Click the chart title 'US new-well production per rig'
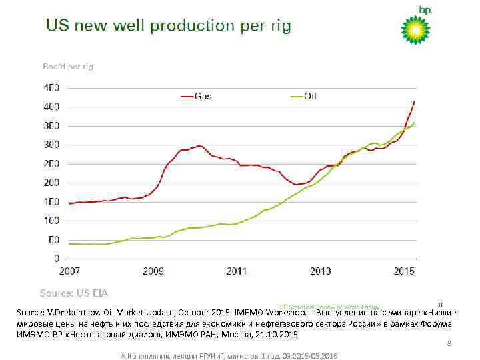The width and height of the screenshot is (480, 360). tap(168, 27)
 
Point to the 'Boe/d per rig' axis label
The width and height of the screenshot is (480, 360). tap(67, 67)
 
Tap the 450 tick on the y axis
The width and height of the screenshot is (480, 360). tap(51, 87)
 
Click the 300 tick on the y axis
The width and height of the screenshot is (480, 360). tap(51, 145)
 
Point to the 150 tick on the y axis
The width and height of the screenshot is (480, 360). tap(51, 201)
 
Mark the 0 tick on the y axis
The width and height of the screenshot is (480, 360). tap(57, 258)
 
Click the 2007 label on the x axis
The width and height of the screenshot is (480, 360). tap(69, 271)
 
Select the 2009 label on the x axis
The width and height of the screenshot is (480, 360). tap(153, 271)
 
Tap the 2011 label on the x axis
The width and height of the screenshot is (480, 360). tap(237, 271)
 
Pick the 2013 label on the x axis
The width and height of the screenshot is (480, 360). tap(320, 271)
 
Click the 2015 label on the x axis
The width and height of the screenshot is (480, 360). tap(403, 271)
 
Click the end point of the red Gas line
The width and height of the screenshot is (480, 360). tap(414, 101)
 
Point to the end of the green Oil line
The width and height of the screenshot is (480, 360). tap(414, 122)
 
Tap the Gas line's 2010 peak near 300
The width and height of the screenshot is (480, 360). tap(199, 145)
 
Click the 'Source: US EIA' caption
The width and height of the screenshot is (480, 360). tap(74, 293)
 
